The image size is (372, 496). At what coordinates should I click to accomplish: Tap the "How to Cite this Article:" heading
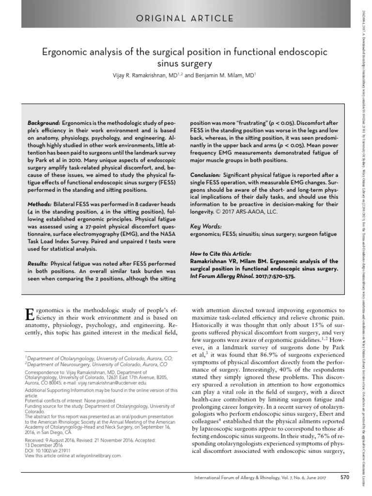tap(221, 254)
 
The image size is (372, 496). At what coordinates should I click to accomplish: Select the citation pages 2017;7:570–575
tap(274, 276)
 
